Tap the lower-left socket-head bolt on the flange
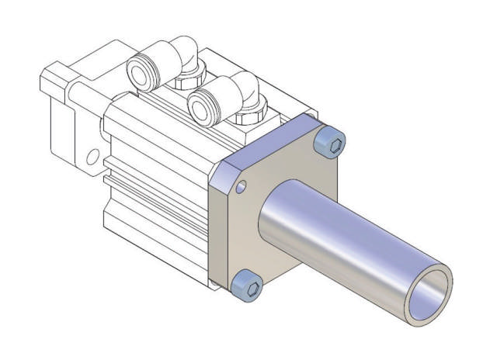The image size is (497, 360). pyautogui.click(x=248, y=286)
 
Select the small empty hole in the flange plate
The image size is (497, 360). pyautogui.click(x=243, y=187)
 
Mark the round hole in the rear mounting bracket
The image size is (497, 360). pyautogui.click(x=92, y=157)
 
